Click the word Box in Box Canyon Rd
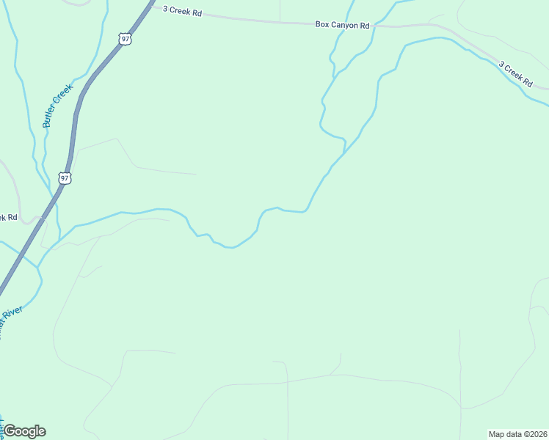(x=322, y=24)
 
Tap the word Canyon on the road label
(x=344, y=25)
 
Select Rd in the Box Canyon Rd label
(x=365, y=26)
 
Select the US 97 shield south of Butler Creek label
(x=65, y=178)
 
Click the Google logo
(x=24, y=431)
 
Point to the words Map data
(x=503, y=434)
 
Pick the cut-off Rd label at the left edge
(x=7, y=217)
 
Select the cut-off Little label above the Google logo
(x=2, y=424)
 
